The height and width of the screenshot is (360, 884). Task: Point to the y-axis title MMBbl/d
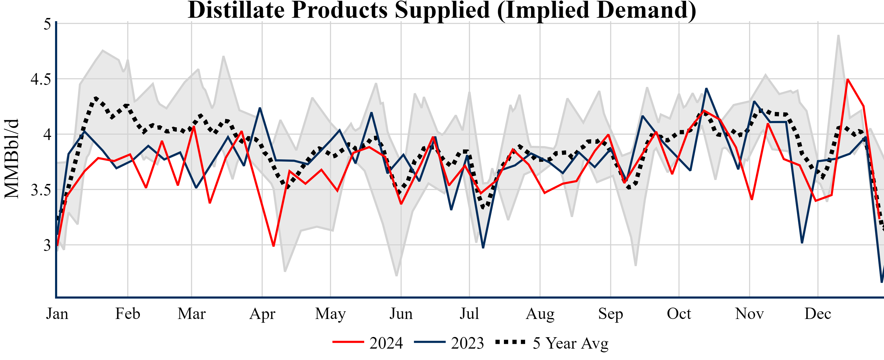(x=11, y=159)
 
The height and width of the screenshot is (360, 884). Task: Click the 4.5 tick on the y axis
(x=40, y=79)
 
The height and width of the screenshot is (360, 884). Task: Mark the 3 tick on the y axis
(x=47, y=245)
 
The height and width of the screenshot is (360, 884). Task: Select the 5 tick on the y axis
(x=47, y=24)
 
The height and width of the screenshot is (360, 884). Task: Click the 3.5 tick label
(x=40, y=190)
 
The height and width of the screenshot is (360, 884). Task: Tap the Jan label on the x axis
(x=57, y=314)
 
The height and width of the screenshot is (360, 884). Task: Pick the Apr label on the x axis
(x=262, y=314)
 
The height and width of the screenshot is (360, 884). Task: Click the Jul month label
(x=469, y=314)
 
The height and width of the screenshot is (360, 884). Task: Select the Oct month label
(x=679, y=314)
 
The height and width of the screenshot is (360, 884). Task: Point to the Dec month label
(x=818, y=314)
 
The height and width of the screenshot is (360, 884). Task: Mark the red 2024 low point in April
(x=273, y=246)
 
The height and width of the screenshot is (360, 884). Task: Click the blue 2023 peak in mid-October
(x=706, y=88)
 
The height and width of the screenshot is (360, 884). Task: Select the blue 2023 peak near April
(x=260, y=108)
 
